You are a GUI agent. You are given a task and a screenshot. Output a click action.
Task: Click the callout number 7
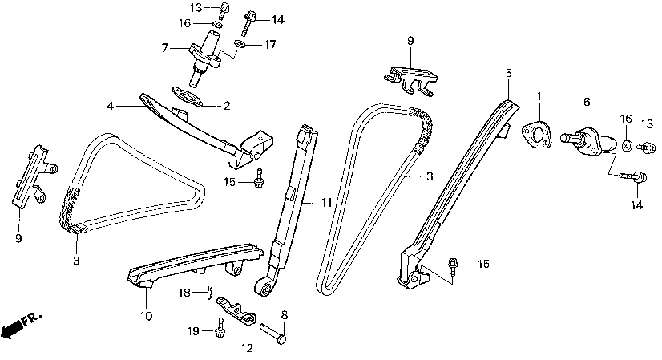click(x=165, y=48)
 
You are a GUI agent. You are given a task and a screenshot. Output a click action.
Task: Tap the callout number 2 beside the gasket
click(x=227, y=105)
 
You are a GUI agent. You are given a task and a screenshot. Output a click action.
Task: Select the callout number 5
click(x=508, y=73)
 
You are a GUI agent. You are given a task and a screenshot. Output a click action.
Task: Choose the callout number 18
click(x=184, y=293)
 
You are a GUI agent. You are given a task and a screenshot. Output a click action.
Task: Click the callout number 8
click(x=283, y=314)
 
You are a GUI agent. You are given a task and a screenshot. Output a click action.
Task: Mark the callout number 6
click(x=587, y=102)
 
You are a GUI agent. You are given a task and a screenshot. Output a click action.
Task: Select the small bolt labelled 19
click(x=220, y=327)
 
